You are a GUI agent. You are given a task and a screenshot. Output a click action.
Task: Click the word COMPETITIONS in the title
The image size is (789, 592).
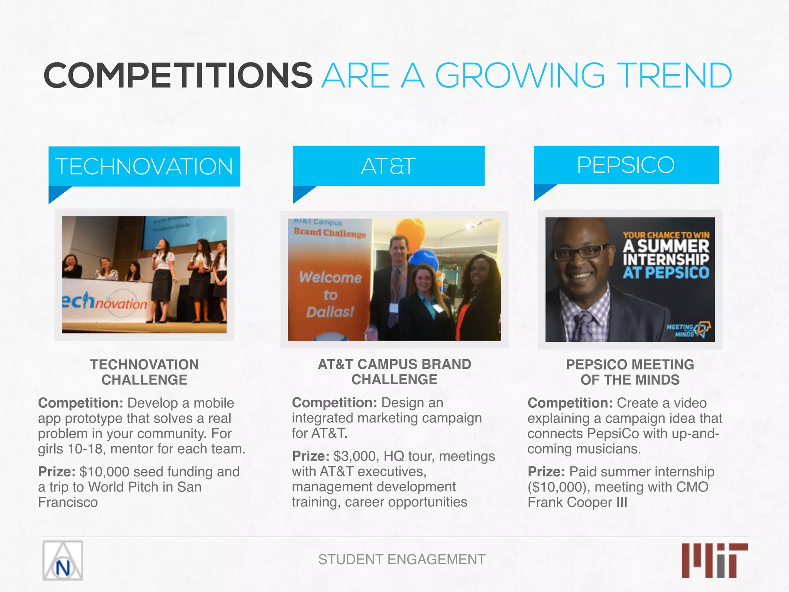178,75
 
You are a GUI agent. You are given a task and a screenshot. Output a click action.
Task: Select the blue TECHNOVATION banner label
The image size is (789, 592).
144,166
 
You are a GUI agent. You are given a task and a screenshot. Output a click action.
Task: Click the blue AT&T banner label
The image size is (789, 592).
388,166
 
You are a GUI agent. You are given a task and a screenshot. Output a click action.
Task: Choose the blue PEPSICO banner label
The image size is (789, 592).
626,165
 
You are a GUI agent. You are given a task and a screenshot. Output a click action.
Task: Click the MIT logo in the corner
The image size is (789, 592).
715,560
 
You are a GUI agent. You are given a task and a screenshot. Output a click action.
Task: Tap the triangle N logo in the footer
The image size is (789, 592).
63,561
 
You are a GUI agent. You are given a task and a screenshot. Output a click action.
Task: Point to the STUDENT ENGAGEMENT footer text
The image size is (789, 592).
402,559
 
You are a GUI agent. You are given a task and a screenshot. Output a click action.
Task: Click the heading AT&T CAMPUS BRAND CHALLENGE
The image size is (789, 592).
394,372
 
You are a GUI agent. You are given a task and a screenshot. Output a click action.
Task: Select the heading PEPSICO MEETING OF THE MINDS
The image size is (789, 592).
630,372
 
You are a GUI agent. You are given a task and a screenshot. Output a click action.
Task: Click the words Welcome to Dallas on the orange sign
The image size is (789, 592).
330,294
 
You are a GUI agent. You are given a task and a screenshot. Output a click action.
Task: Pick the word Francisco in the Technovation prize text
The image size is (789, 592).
68,502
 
